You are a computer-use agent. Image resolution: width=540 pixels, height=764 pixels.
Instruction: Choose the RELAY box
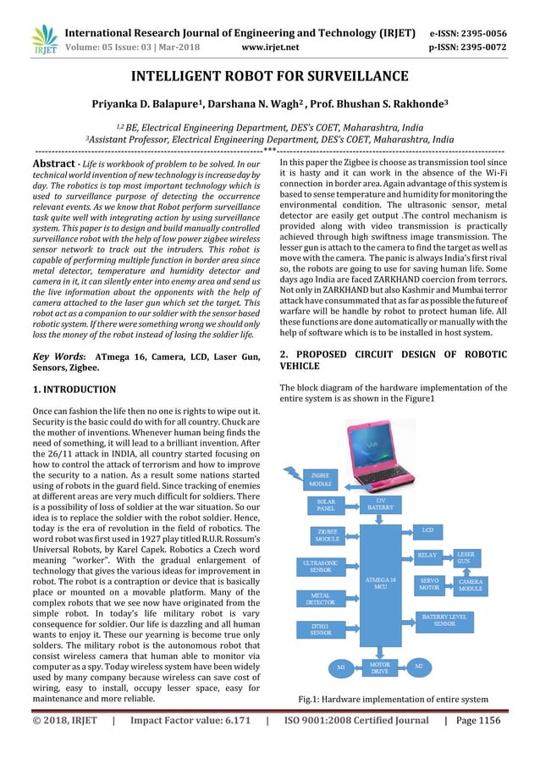tap(427, 555)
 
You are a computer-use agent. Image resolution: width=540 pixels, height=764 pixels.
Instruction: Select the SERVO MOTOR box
tap(429, 584)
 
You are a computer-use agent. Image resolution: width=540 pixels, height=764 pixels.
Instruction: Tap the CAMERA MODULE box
tap(470, 585)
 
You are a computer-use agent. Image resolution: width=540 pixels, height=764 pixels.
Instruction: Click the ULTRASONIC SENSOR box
tap(321, 566)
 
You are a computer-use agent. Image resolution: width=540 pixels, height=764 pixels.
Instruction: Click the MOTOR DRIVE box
tap(380, 667)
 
